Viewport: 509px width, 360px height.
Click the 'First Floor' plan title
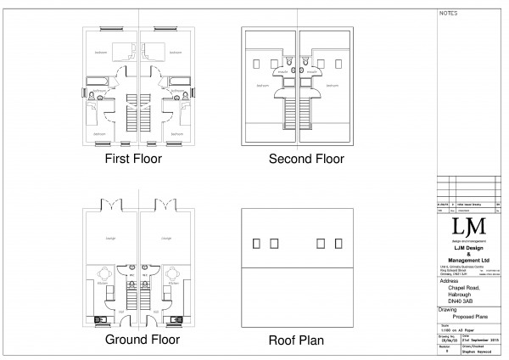[x=132, y=159]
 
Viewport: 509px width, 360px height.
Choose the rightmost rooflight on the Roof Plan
[x=337, y=242]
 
